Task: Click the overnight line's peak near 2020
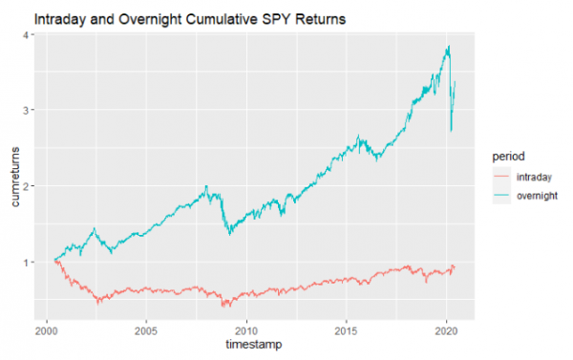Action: (x=448, y=47)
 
